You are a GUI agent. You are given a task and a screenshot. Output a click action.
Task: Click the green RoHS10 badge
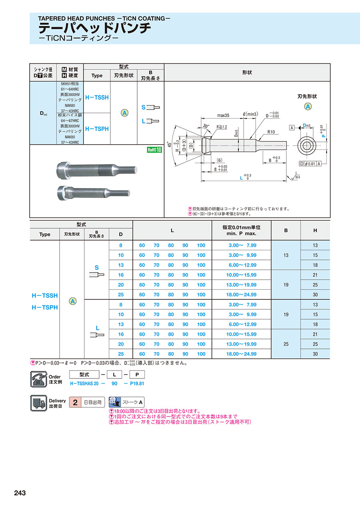click(154, 150)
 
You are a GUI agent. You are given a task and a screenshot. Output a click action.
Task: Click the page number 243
click(20, 493)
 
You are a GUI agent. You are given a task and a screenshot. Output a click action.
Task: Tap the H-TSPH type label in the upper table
click(97, 129)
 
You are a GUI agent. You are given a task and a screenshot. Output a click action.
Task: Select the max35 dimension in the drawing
click(223, 116)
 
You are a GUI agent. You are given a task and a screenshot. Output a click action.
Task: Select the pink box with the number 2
click(75, 402)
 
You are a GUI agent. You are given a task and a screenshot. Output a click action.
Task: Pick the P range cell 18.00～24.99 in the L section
click(241, 354)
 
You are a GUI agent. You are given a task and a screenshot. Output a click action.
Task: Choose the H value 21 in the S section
click(315, 275)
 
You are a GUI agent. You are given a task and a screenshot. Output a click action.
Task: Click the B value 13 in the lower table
click(286, 255)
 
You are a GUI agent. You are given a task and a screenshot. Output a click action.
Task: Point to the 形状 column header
click(247, 72)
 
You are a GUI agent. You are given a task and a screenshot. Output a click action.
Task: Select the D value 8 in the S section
click(121, 245)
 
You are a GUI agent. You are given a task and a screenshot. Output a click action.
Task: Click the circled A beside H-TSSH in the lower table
click(73, 301)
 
